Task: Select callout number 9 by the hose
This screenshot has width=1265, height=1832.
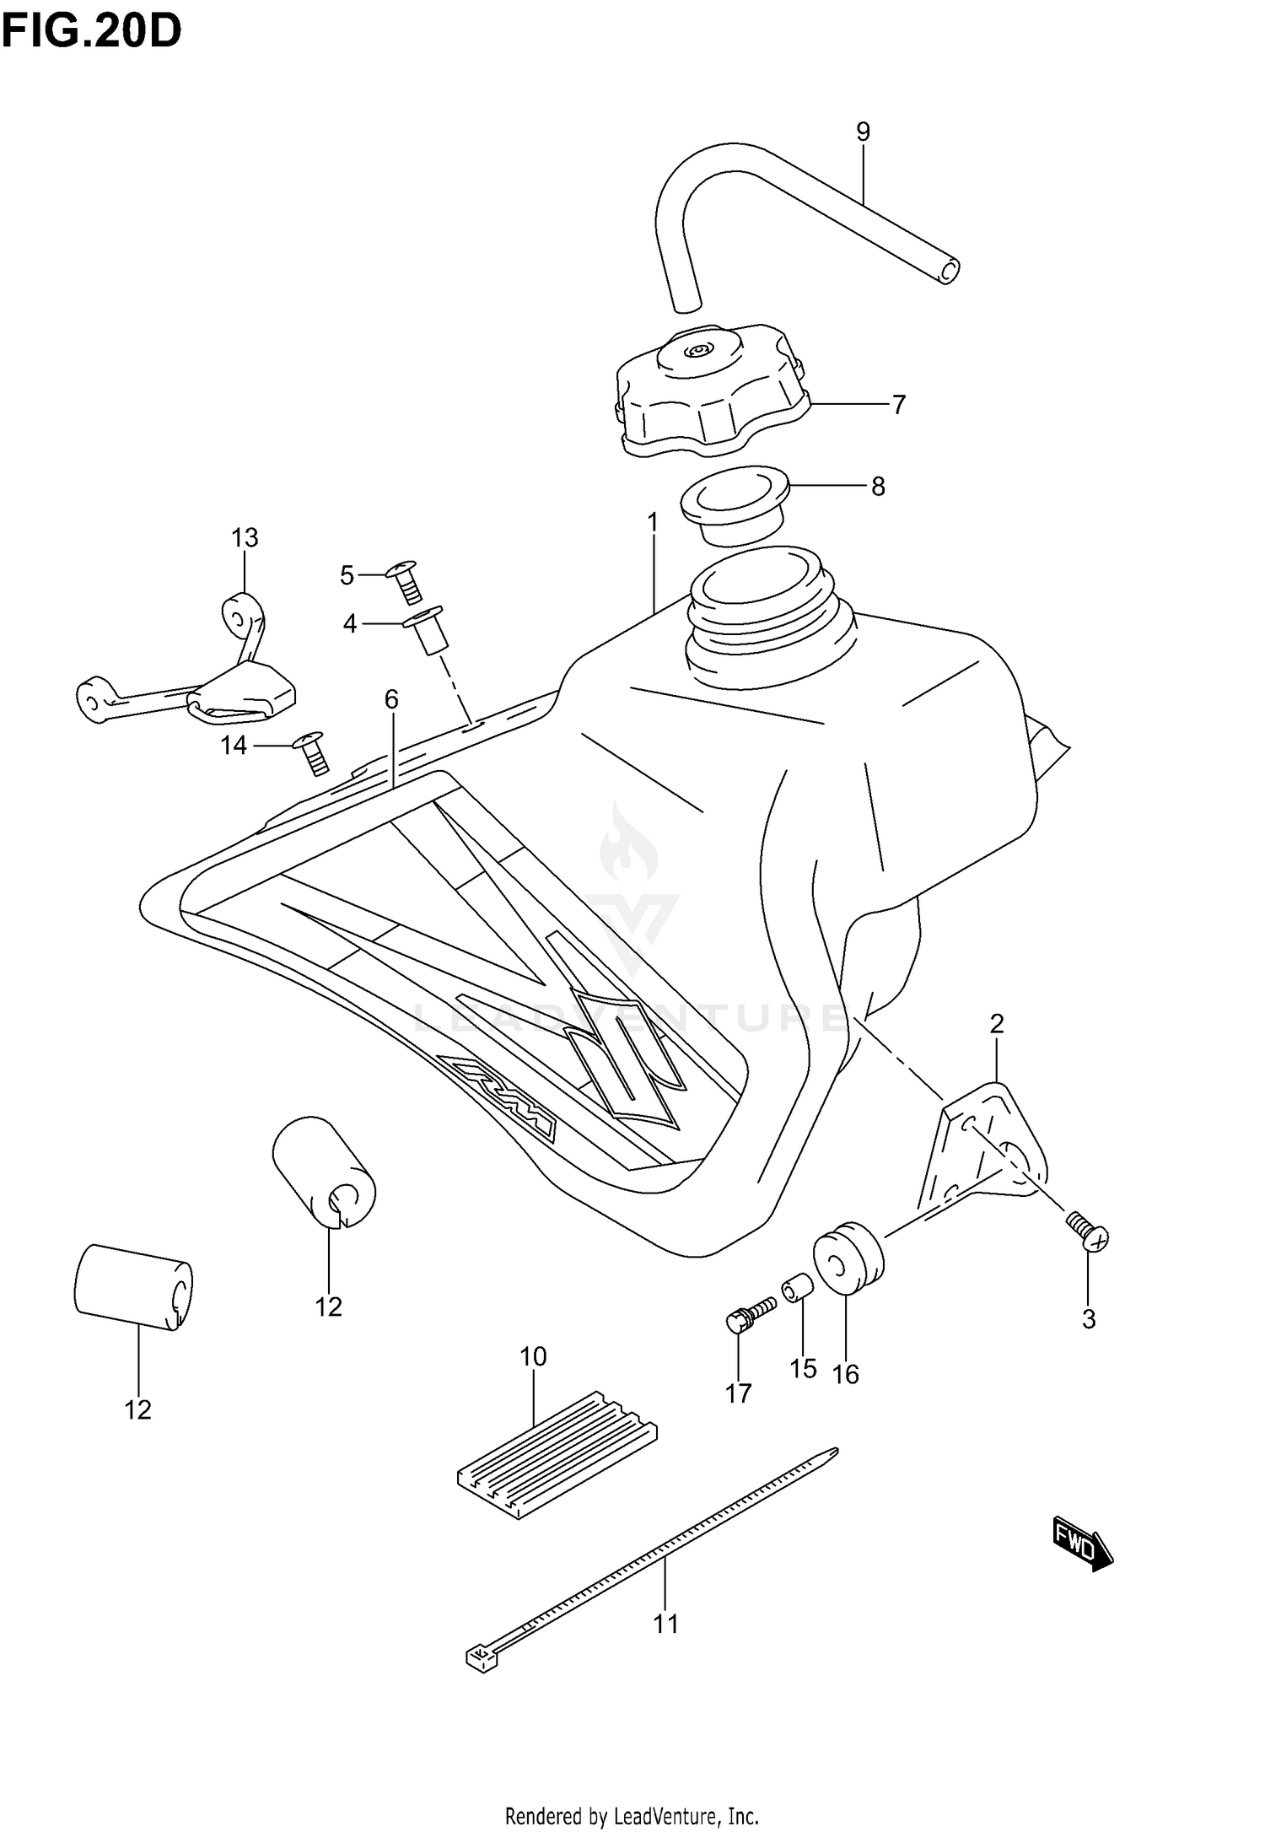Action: point(863,132)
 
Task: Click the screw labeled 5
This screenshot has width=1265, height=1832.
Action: point(406,580)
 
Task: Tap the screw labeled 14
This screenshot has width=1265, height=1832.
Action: point(312,752)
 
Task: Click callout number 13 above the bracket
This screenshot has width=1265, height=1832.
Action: point(245,537)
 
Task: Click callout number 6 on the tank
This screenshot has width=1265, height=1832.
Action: point(390,699)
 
